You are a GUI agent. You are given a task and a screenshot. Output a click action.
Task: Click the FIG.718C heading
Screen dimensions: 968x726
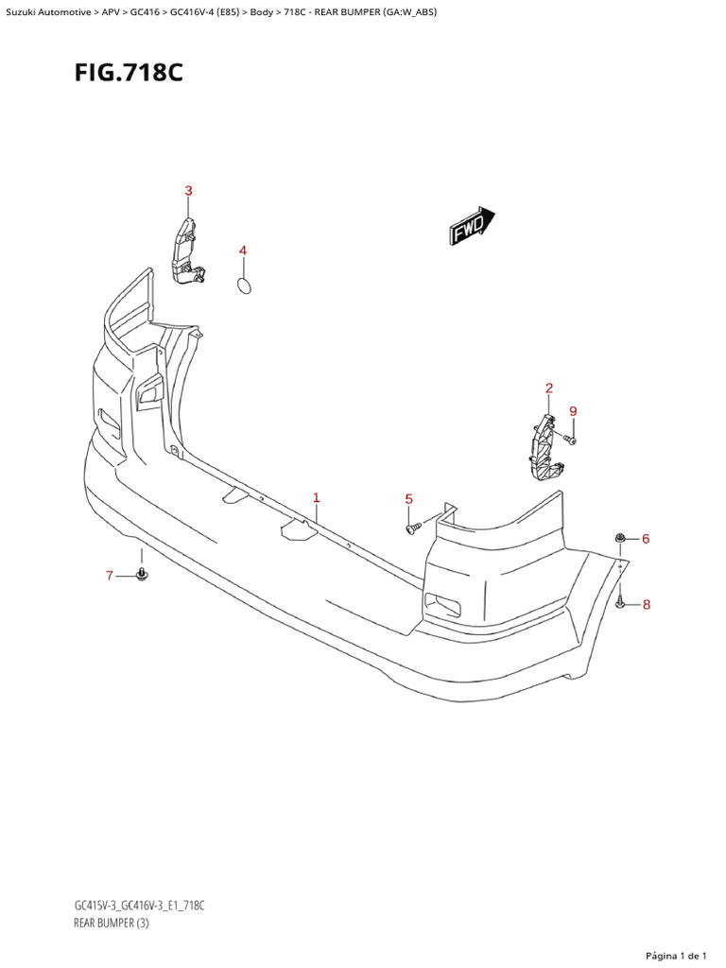[129, 73]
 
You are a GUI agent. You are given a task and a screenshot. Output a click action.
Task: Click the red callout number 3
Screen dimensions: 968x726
[188, 191]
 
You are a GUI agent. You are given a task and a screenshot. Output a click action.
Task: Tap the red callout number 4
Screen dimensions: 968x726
[243, 251]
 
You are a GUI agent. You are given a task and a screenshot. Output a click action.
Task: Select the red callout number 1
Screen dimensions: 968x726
[316, 497]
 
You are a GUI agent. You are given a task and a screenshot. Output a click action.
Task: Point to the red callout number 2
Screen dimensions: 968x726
[549, 388]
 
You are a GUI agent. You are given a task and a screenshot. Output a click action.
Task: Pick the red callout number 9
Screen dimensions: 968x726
[573, 410]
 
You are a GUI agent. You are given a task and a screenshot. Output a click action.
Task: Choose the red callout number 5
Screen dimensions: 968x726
[409, 498]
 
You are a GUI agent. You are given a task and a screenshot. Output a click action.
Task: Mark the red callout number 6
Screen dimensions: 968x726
[646, 539]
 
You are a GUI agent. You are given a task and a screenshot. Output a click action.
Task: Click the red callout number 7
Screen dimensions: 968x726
[110, 576]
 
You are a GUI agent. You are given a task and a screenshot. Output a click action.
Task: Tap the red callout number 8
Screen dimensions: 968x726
[647, 605]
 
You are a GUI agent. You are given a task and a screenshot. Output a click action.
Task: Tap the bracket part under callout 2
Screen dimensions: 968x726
[544, 444]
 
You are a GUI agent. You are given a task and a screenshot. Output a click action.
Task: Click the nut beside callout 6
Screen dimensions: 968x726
[619, 539]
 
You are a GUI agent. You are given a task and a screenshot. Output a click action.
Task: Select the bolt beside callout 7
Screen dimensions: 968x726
[142, 574]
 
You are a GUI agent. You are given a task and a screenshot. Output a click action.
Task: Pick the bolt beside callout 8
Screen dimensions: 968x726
[620, 602]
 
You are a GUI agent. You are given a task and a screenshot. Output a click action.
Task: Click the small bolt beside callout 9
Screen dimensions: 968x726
[570, 439]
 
